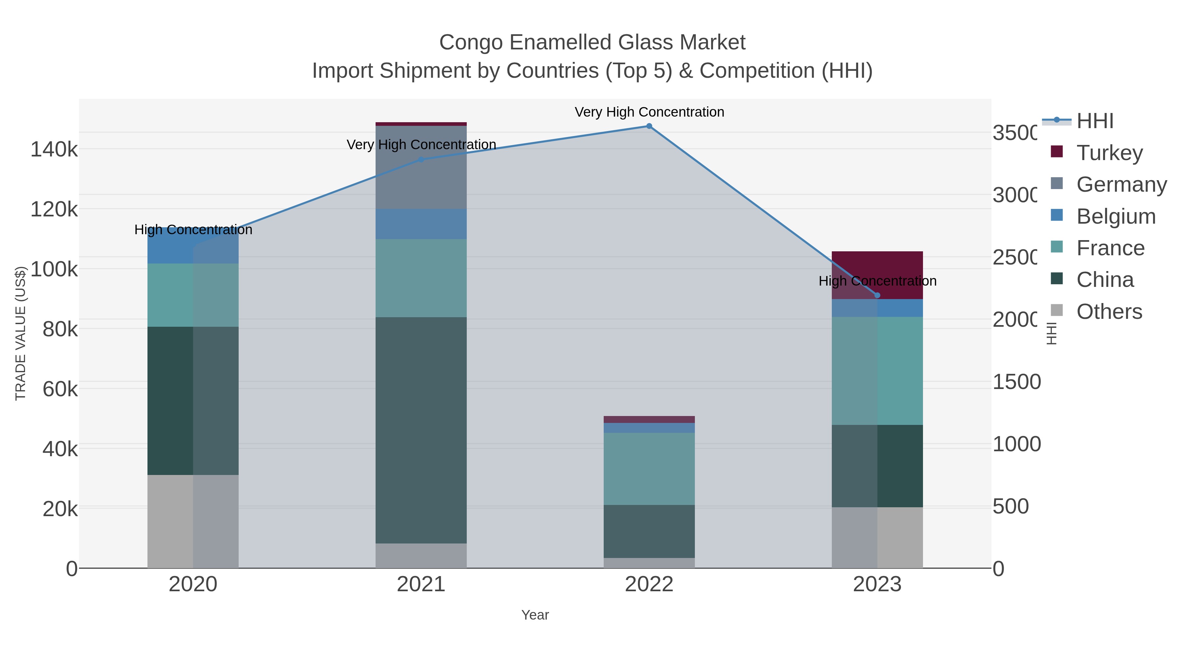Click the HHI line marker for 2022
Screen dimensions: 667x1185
point(649,126)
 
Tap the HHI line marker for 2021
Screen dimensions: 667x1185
point(421,160)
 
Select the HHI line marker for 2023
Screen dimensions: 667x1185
point(877,295)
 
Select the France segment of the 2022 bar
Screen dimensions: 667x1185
point(649,469)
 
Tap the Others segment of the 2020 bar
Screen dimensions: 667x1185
point(193,521)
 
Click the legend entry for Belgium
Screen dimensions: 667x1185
point(1116,216)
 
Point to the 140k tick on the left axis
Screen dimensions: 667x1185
point(54,150)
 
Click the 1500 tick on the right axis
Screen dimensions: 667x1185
point(1016,382)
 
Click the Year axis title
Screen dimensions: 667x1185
point(535,615)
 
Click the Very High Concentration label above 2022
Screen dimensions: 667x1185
point(649,112)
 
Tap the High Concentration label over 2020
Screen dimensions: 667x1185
point(193,229)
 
